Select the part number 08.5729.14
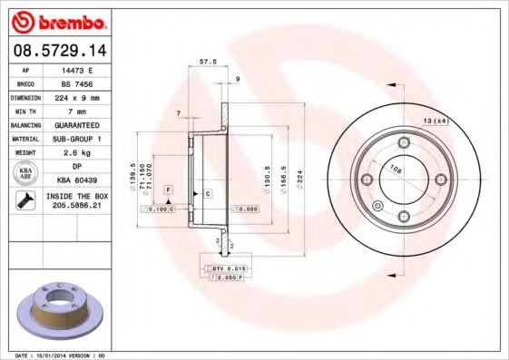coord(57,51)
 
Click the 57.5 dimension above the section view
coord(207,63)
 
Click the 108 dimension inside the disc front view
coord(396,168)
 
